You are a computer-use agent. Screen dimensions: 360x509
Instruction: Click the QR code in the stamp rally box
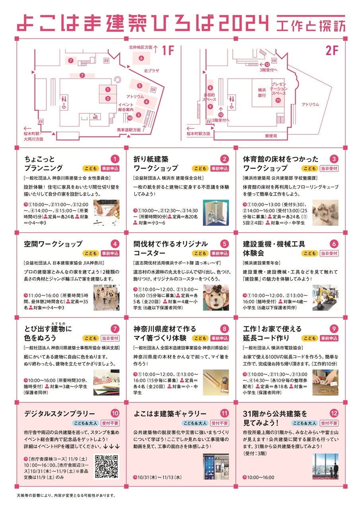click(x=106, y=466)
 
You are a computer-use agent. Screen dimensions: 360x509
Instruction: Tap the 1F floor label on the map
click(x=168, y=51)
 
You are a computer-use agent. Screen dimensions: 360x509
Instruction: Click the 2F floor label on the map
click(x=332, y=51)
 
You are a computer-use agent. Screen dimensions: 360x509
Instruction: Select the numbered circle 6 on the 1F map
click(x=141, y=58)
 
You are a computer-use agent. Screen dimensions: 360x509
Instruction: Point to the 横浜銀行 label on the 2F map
click(x=262, y=93)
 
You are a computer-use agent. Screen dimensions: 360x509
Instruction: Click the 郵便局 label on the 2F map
click(x=271, y=136)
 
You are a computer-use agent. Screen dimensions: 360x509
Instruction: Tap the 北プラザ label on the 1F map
click(x=152, y=71)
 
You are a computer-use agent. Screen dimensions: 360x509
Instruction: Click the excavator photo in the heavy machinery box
click(x=325, y=297)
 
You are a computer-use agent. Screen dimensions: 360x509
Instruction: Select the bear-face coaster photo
click(x=216, y=297)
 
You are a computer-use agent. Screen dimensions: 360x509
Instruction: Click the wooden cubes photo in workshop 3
click(x=325, y=213)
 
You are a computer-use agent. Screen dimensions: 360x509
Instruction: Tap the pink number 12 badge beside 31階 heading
click(x=334, y=413)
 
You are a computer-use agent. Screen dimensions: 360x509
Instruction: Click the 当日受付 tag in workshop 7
click(x=110, y=338)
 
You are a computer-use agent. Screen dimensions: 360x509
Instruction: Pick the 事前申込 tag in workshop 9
click(x=329, y=338)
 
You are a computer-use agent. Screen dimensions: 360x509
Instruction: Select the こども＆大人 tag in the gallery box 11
click(x=195, y=423)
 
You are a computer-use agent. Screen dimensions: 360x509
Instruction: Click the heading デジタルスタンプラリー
click(x=59, y=414)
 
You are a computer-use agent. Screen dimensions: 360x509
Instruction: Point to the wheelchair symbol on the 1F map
click(x=64, y=106)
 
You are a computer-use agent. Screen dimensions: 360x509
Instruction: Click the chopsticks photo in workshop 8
click(x=216, y=383)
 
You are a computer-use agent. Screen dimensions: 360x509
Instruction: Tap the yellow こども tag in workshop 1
click(x=91, y=168)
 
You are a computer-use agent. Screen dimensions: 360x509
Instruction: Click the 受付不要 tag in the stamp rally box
click(x=110, y=423)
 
